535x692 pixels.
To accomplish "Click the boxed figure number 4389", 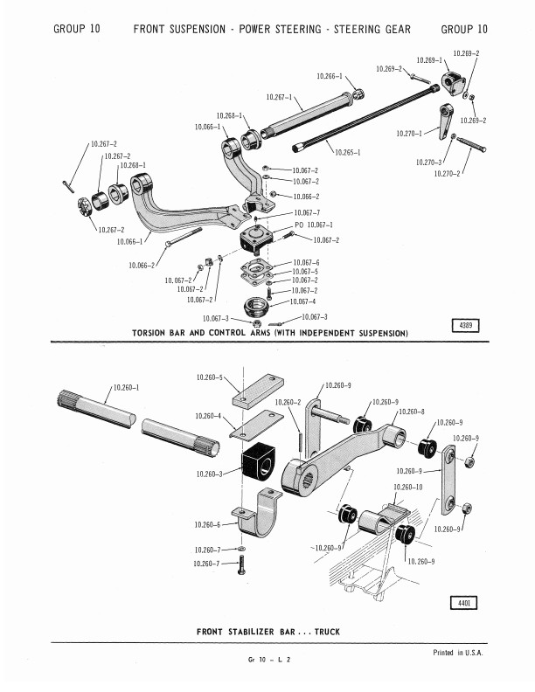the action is pyautogui.click(x=466, y=325).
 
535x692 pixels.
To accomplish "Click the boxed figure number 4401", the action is pyautogui.click(x=463, y=602).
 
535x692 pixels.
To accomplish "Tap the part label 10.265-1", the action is pyautogui.click(x=348, y=153).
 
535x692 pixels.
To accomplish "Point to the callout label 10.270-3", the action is pyautogui.click(x=428, y=163).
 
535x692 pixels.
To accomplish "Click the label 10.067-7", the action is pyautogui.click(x=307, y=212).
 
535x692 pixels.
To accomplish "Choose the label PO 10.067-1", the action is pyautogui.click(x=314, y=225).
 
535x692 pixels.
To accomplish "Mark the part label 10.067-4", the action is pyautogui.click(x=302, y=301).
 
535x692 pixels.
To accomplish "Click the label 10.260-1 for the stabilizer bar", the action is pyautogui.click(x=126, y=387).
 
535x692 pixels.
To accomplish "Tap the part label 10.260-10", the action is pyautogui.click(x=408, y=487).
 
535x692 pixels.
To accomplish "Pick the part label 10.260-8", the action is pyautogui.click(x=412, y=412).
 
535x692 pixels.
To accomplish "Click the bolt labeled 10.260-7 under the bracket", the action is pyautogui.click(x=241, y=565).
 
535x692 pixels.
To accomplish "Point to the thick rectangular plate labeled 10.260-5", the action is pyautogui.click(x=258, y=391).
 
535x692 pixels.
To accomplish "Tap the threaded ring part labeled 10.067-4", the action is pyautogui.click(x=256, y=307).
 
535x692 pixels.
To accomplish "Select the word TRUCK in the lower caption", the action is pyautogui.click(x=327, y=632).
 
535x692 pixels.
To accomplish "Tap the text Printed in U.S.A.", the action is pyautogui.click(x=458, y=653).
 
